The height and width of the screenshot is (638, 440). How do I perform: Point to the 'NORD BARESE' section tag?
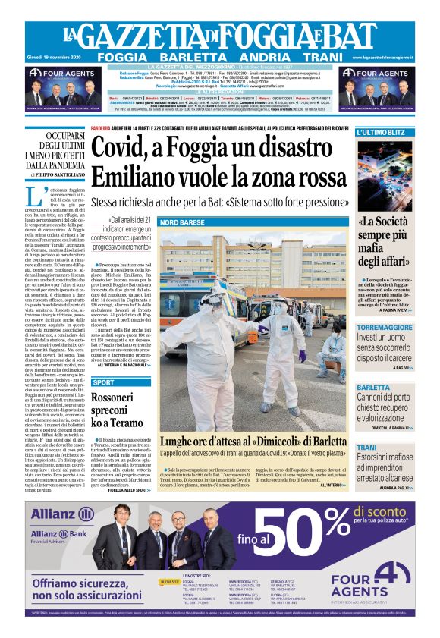point(182,222)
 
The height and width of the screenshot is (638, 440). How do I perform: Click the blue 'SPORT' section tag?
point(104,382)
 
